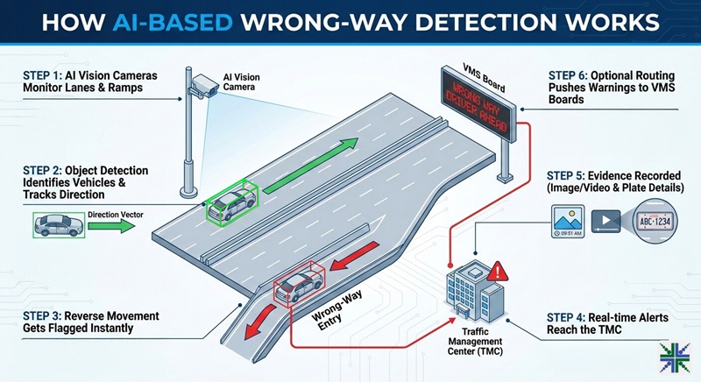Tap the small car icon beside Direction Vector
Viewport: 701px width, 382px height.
coord(58,226)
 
